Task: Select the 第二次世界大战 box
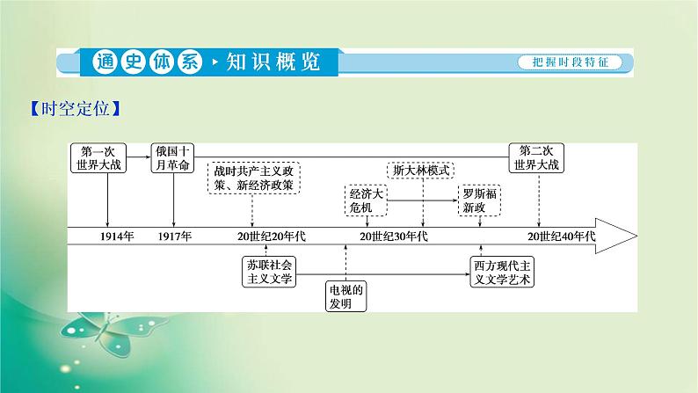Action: pos(538,156)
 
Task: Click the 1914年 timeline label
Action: pos(117,237)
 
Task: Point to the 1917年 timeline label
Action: pos(174,237)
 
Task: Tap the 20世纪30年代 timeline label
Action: pos(393,237)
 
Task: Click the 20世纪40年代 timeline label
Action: pos(562,237)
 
